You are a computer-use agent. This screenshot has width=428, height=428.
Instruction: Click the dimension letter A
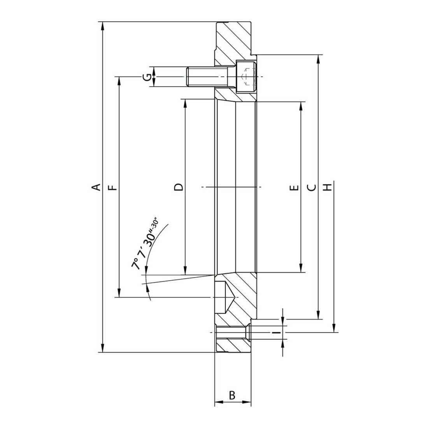[x=96, y=187]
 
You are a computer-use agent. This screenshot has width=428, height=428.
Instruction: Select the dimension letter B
[x=232, y=395]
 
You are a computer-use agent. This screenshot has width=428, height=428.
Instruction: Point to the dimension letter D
[x=179, y=187]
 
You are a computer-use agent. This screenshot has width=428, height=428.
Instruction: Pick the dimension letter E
[x=294, y=188]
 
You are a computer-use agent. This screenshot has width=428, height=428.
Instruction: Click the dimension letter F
[x=112, y=188]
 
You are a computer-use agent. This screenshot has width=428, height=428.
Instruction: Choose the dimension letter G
[x=147, y=77]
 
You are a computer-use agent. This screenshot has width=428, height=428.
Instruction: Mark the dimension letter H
[x=327, y=187]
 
